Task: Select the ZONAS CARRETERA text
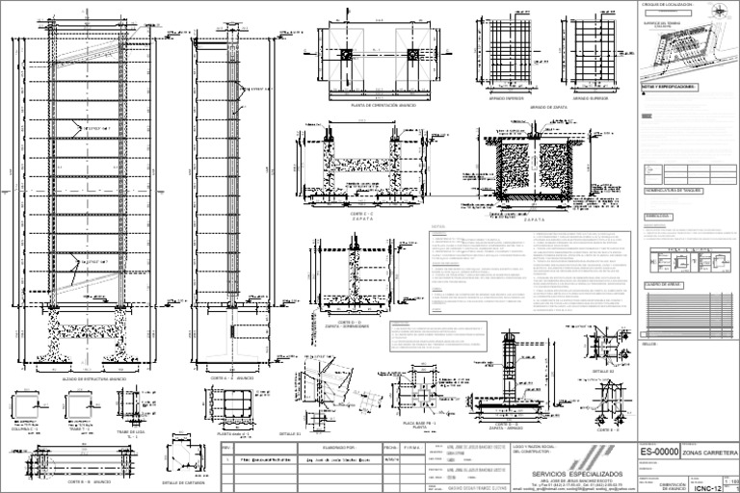pyautogui.click(x=709, y=453)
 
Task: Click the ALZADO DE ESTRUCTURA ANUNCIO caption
pyautogui.click(x=94, y=379)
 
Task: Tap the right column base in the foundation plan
pyautogui.click(x=414, y=55)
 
